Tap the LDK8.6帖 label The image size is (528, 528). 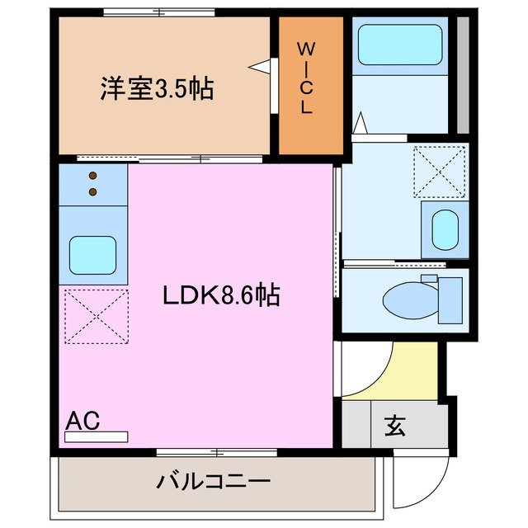(220, 295)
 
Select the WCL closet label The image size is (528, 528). (306, 78)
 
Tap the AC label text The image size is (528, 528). (82, 421)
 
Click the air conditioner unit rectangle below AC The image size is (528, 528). (97, 436)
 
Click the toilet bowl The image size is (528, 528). (411, 302)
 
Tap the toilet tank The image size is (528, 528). (450, 299)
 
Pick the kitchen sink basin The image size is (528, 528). (92, 256)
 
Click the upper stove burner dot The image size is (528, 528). (92, 176)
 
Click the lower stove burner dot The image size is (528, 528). (92, 192)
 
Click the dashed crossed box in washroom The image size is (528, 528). (440, 172)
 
